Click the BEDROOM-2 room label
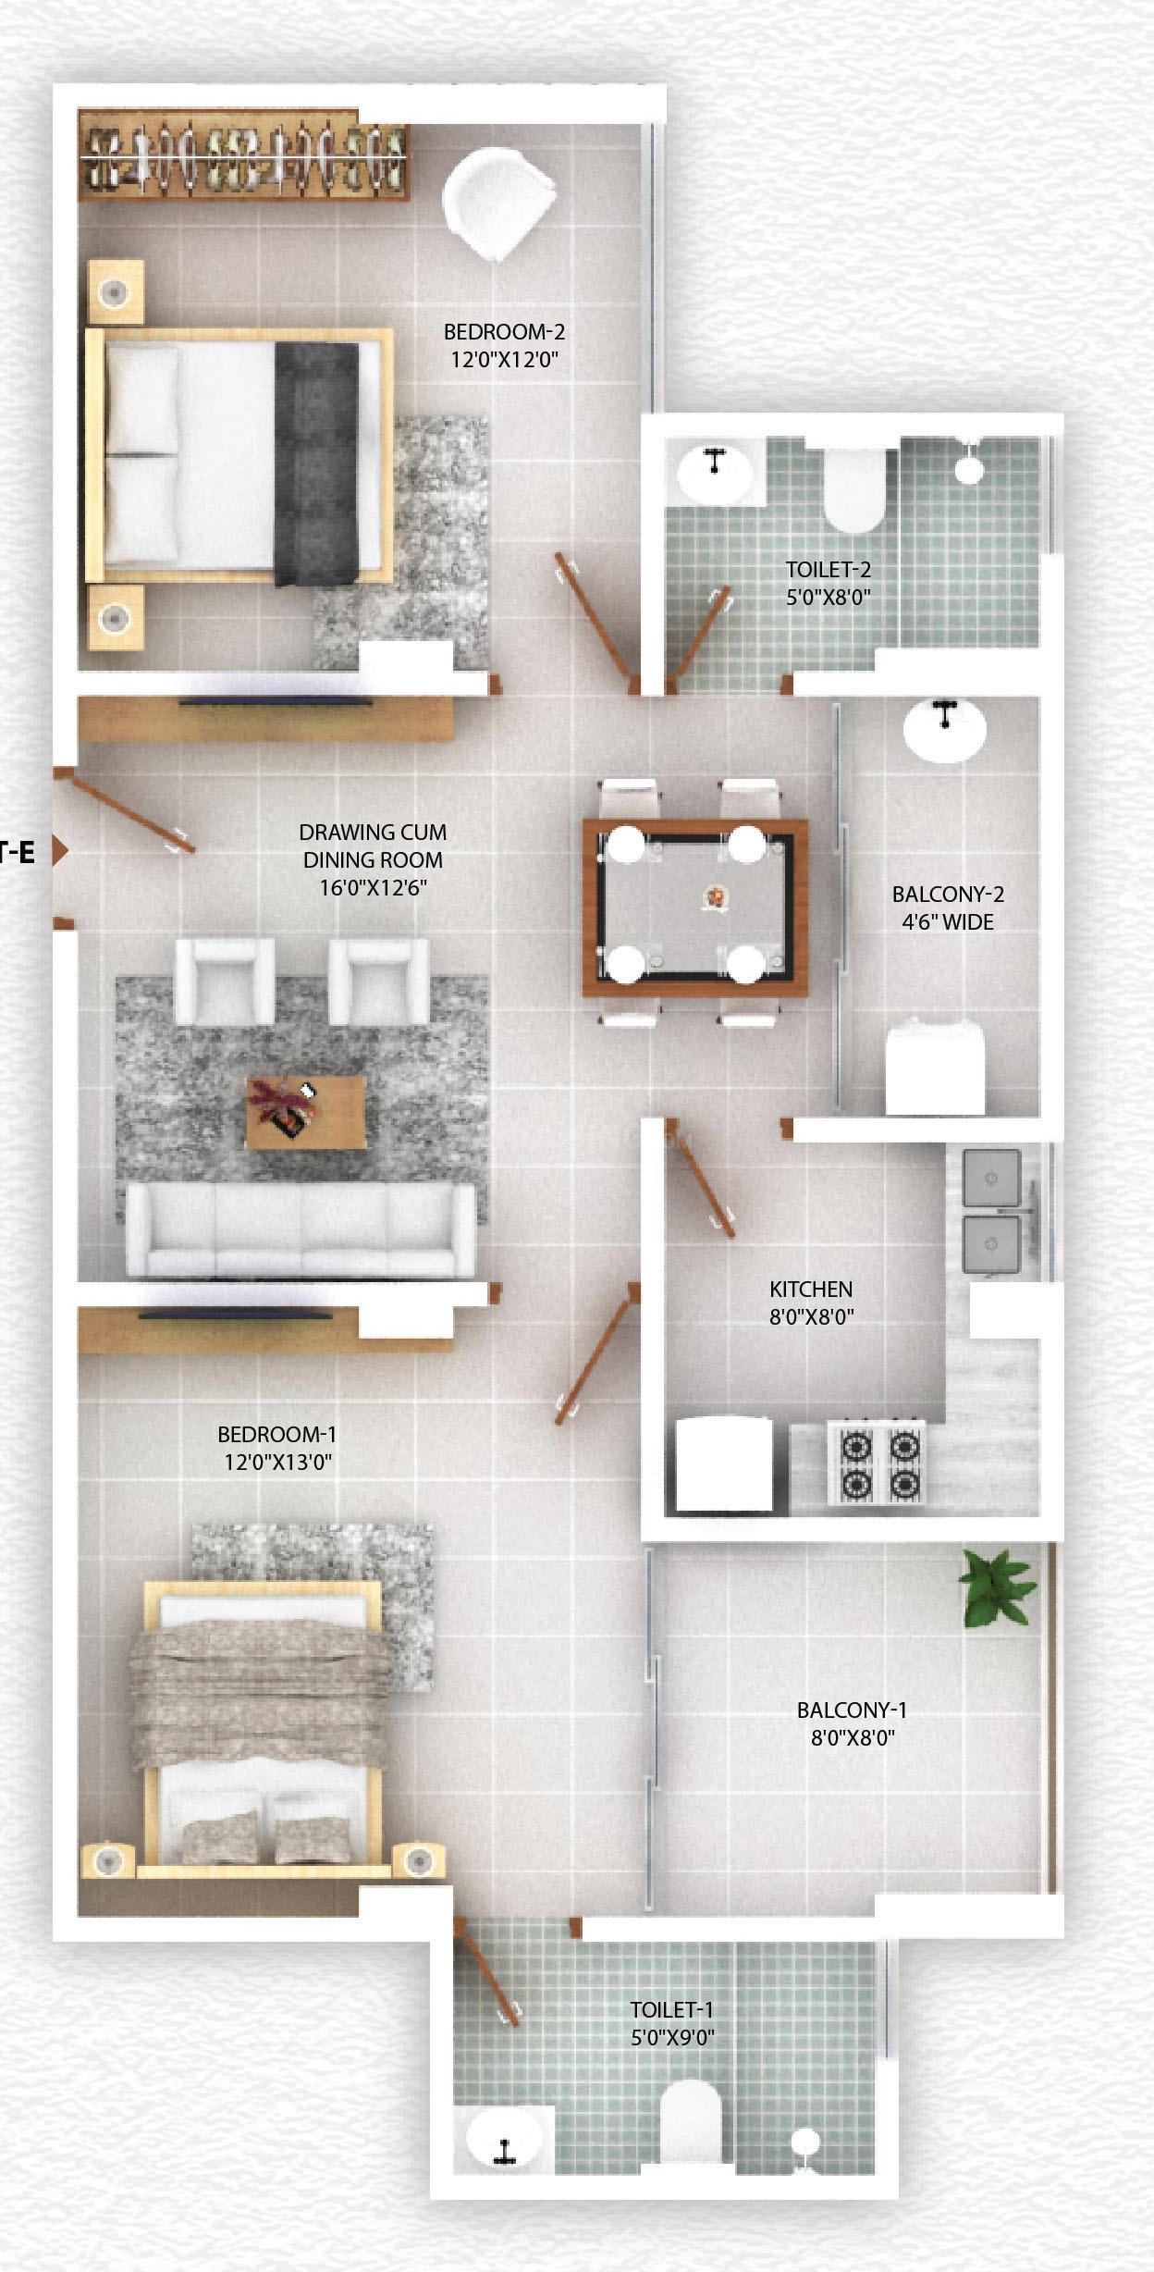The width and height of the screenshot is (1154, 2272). coord(504,331)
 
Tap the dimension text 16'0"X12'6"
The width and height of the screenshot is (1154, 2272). coord(373,888)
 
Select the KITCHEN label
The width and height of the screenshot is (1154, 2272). coord(811,1289)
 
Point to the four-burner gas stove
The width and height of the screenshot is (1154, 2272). coord(877,1463)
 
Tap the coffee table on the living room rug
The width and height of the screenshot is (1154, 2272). coord(304,1111)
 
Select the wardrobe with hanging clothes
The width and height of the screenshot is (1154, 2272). coord(243,155)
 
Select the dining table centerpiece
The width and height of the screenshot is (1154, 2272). coord(715,896)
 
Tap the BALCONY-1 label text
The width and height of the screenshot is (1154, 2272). coord(852,1710)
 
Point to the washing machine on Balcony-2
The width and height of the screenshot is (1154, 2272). coord(935,1068)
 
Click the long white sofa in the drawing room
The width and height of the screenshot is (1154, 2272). coord(301,1230)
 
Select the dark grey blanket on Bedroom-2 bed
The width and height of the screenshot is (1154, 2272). coord(316,463)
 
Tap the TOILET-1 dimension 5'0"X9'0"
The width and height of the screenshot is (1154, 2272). coord(672,2037)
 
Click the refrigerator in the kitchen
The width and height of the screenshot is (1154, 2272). coord(724,1464)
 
